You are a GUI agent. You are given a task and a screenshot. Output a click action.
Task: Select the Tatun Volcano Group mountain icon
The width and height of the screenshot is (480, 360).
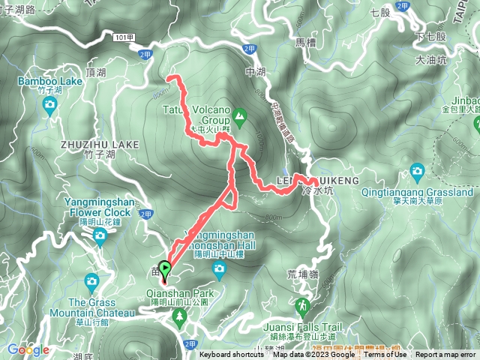239,115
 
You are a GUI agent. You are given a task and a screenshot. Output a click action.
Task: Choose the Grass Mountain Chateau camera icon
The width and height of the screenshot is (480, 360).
91,282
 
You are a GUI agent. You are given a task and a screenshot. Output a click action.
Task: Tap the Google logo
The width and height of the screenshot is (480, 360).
28,349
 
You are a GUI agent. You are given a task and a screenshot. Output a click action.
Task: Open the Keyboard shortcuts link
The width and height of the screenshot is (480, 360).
232,355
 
